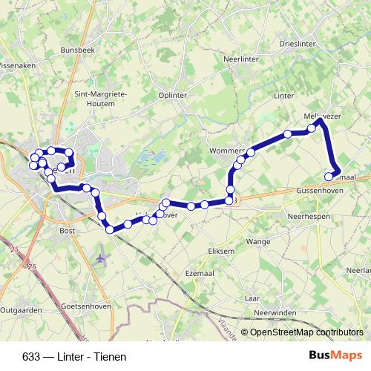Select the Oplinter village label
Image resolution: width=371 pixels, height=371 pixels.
click(x=173, y=95)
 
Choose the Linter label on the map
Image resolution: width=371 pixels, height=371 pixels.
click(x=284, y=96)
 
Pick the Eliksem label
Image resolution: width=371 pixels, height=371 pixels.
click(x=221, y=252)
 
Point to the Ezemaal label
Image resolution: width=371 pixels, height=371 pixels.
click(x=200, y=274)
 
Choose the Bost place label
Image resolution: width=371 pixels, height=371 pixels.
click(x=66, y=231)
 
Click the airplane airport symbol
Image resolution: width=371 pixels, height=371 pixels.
click(x=101, y=257)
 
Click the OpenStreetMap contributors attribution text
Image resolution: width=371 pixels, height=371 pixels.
click(x=306, y=333)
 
